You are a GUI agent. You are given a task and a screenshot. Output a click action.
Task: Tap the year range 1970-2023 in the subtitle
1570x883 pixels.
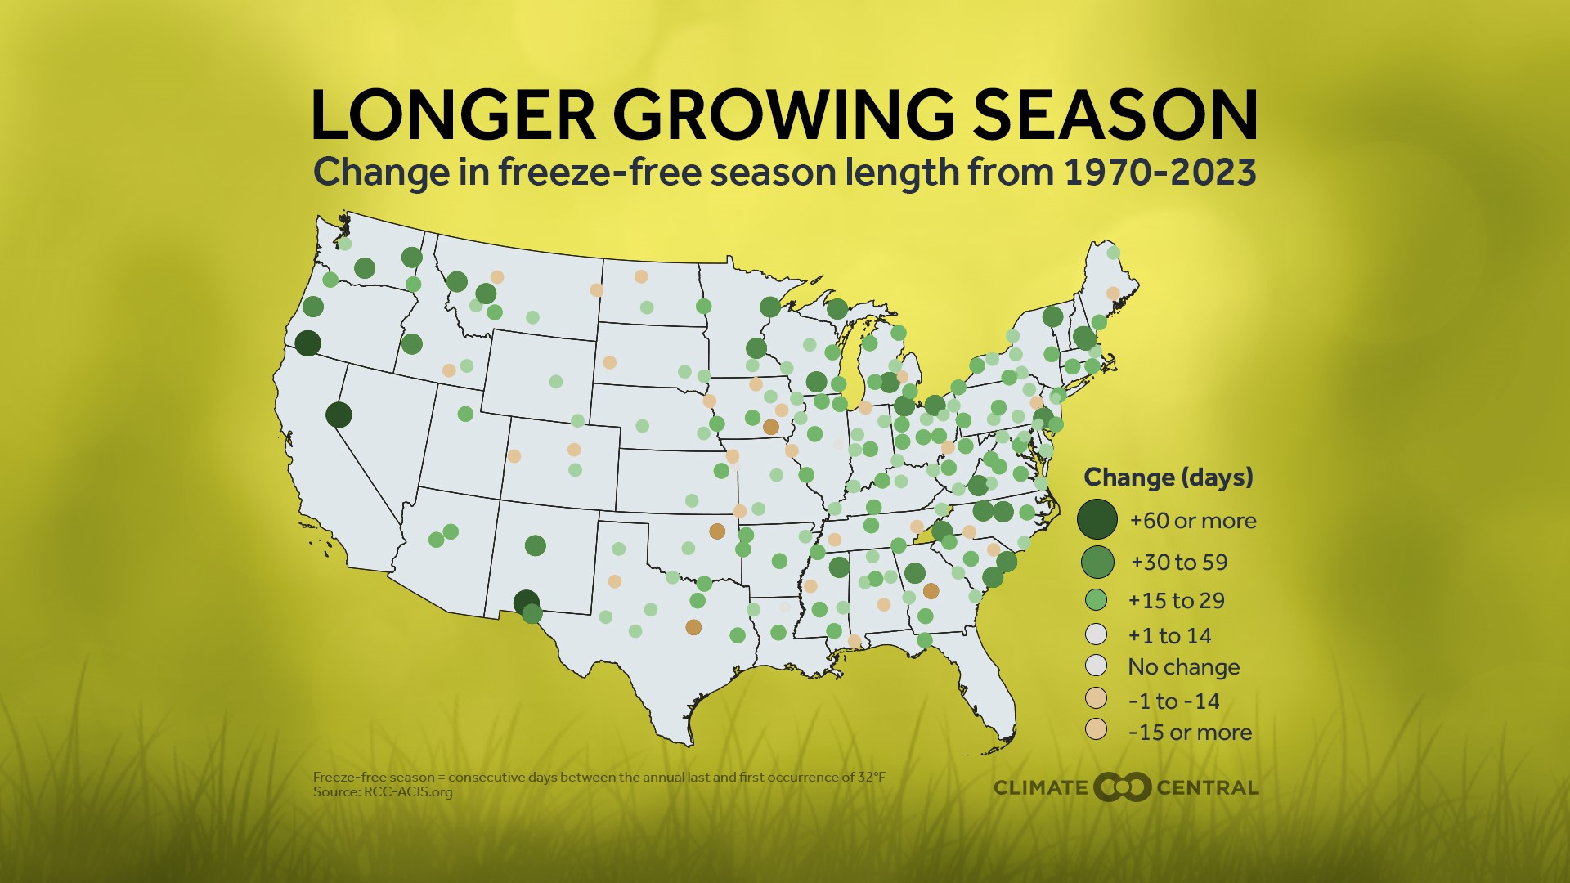1160,173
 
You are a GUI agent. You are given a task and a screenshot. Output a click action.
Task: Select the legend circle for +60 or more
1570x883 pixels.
1097,519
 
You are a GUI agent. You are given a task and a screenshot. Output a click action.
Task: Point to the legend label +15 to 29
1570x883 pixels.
1176,601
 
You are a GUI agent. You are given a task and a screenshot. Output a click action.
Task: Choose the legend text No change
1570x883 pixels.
1183,667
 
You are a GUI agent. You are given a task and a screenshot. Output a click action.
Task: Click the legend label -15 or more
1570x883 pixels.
1189,733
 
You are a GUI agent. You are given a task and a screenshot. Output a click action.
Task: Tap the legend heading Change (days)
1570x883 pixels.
1168,477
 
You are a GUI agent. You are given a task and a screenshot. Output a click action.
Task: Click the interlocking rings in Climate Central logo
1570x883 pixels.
1122,787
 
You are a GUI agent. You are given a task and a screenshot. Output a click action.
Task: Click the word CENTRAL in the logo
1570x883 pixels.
1207,788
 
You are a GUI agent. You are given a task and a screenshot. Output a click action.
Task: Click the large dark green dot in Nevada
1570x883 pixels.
339,415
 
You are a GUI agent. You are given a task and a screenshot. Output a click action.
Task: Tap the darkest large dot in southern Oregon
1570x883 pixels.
307,343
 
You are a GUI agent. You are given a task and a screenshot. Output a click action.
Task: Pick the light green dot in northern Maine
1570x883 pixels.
1113,253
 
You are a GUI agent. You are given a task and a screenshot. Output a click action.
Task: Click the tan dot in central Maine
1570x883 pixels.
1113,293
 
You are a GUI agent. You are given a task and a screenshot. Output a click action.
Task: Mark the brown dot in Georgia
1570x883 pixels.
931,591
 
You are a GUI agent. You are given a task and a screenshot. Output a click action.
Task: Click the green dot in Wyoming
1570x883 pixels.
556,382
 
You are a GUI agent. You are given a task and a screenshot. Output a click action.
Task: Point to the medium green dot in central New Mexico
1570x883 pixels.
535,545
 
